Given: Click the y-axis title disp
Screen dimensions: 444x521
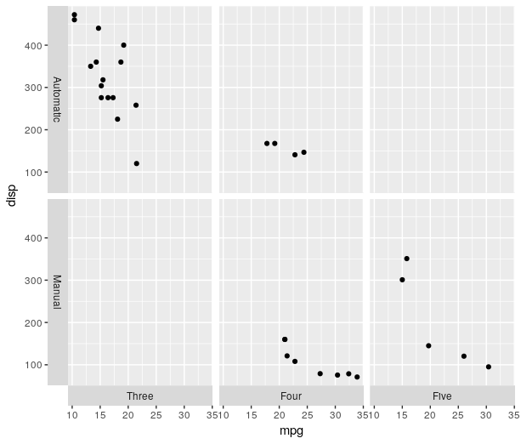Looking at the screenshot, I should (x=11, y=196).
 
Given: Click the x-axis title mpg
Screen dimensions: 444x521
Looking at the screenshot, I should (x=292, y=431).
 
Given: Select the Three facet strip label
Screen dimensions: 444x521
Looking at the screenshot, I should (x=139, y=396).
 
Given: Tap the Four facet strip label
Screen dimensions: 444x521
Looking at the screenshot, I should (x=291, y=396).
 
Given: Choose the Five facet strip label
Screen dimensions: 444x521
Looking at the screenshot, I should (x=442, y=396).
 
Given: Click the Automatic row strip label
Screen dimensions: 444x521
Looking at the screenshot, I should (x=57, y=100).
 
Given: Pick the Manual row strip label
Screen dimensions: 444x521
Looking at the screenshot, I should (x=57, y=291).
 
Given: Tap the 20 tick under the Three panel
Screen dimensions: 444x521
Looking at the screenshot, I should (x=128, y=415).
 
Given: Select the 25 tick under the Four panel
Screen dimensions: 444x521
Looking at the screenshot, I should (x=307, y=415).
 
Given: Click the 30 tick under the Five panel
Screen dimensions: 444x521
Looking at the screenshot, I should (x=486, y=415).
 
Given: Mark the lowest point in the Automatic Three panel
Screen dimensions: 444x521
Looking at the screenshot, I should (x=136, y=163).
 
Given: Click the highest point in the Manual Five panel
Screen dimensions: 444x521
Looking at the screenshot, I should (x=406, y=259).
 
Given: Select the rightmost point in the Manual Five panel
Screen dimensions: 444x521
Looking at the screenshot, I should (x=488, y=367).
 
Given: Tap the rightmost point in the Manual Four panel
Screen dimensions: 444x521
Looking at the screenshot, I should (x=357, y=377).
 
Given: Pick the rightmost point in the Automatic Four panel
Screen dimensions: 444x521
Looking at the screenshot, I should (x=303, y=152).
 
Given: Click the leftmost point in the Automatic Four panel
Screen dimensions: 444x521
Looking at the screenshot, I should (x=267, y=144).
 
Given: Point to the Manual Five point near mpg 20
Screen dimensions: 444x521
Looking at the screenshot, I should (x=428, y=345).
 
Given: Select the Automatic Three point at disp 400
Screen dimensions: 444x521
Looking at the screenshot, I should (x=123, y=45).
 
